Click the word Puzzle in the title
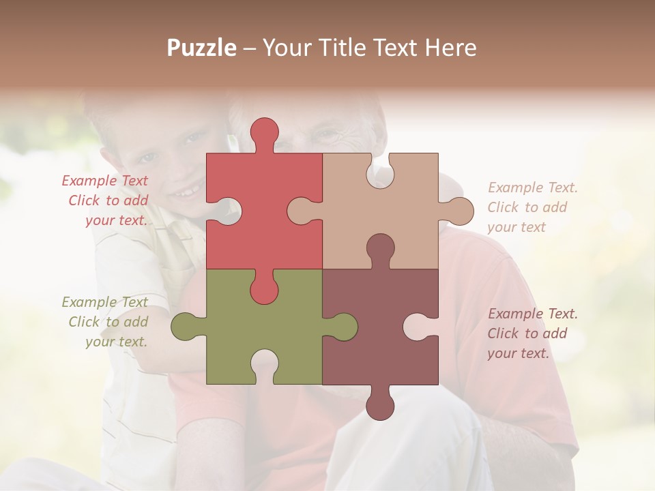click(x=201, y=48)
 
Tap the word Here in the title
click(x=450, y=48)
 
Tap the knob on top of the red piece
click(x=265, y=132)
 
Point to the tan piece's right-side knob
click(x=458, y=211)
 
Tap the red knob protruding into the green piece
click(x=264, y=289)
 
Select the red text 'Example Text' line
click(x=104, y=181)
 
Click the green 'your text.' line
click(x=116, y=342)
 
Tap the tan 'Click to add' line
click(x=527, y=207)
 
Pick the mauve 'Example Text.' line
click(x=532, y=314)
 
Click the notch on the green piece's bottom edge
click(x=264, y=365)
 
